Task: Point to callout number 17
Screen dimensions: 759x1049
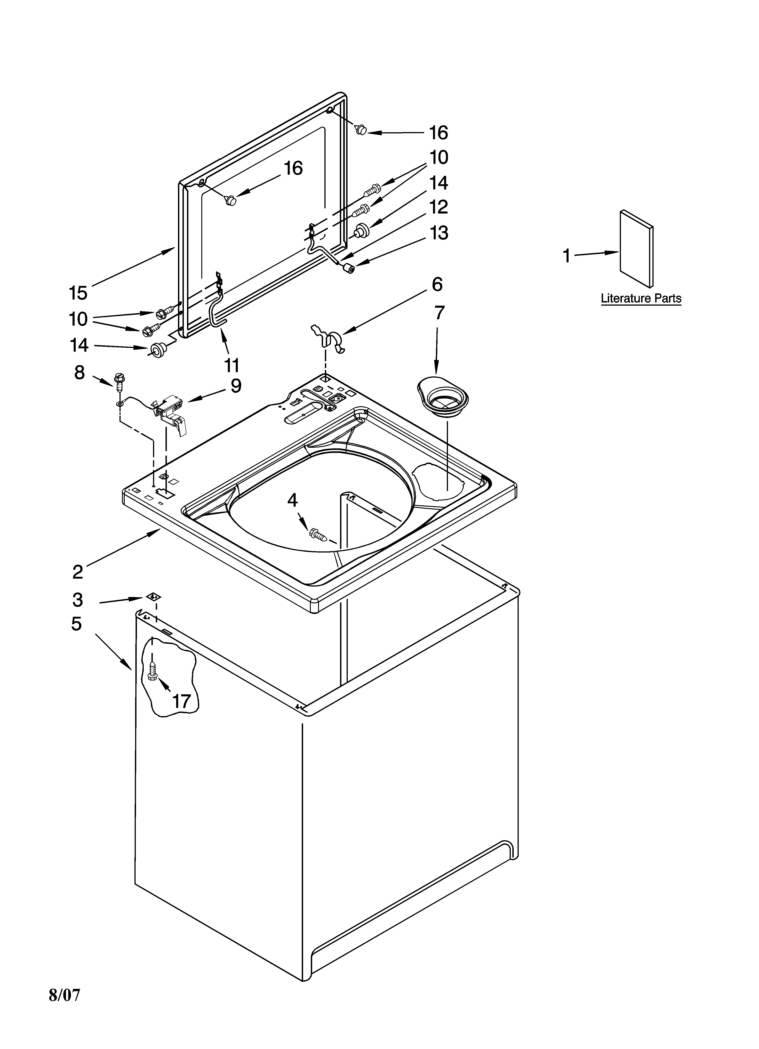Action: [x=182, y=701]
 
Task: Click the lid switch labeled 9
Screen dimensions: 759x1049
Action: [x=171, y=413]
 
